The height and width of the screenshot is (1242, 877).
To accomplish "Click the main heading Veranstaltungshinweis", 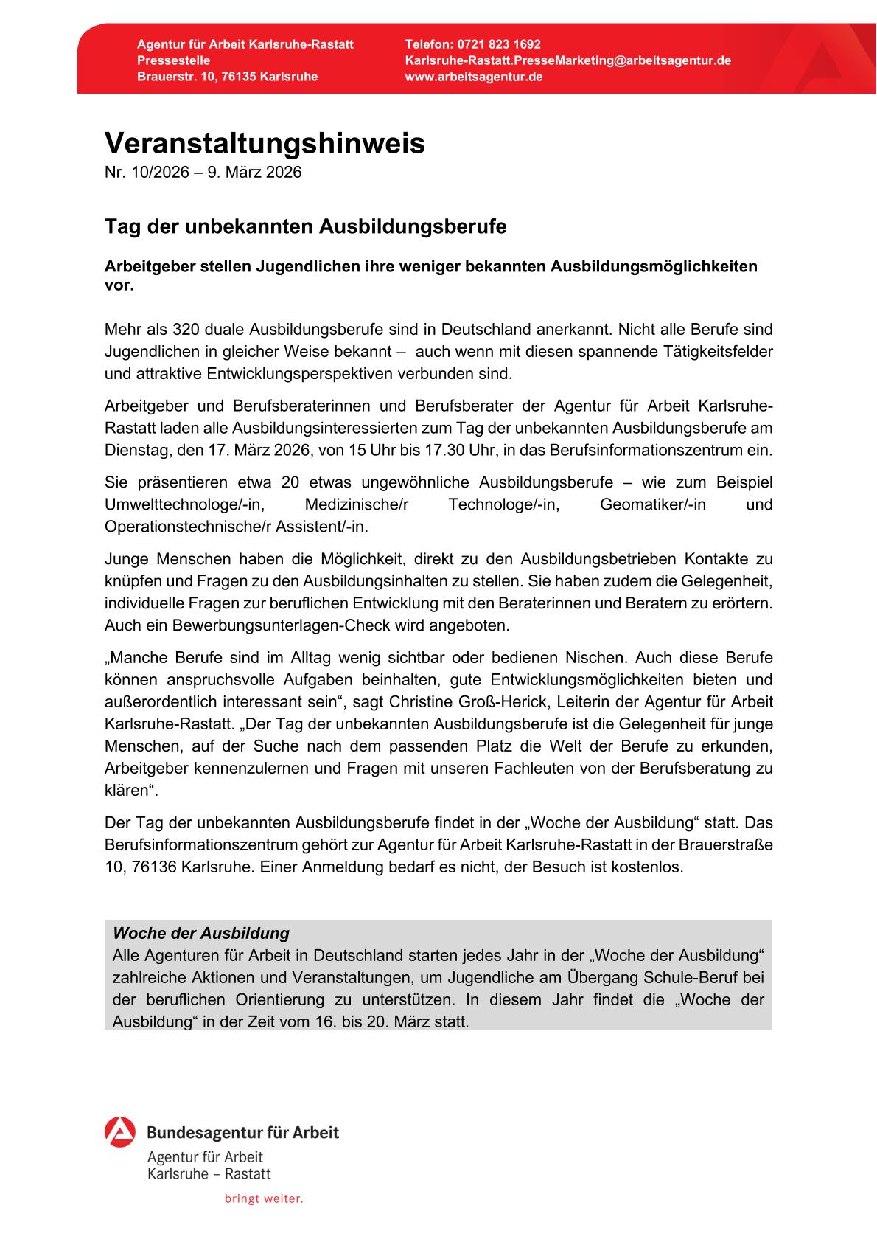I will point(265,144).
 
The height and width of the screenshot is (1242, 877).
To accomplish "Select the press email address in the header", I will point(567,60).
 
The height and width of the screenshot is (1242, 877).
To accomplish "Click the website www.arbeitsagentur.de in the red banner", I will point(474,77).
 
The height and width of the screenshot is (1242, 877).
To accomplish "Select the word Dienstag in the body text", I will point(133,450).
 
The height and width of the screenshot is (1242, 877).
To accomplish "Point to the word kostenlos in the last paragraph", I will point(651,867).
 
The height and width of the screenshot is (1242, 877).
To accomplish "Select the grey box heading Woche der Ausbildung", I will point(201,933).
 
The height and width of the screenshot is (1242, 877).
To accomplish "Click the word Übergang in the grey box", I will point(609,978).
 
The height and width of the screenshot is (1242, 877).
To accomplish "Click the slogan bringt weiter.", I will point(264,1199).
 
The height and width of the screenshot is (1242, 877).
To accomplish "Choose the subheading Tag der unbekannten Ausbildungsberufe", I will point(305,226).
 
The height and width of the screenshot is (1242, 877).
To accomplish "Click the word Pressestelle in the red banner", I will point(173,60).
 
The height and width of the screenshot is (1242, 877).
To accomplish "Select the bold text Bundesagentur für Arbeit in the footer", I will point(243,1133).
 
